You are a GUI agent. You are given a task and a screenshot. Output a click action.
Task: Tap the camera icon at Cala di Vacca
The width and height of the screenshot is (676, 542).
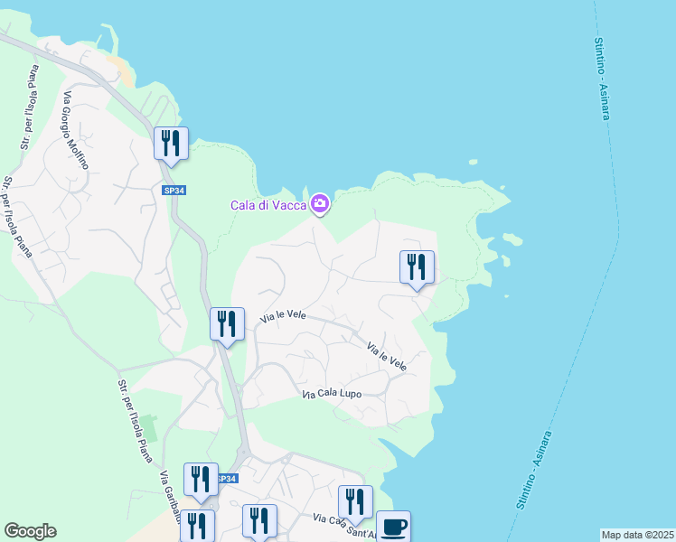pyautogui.click(x=319, y=205)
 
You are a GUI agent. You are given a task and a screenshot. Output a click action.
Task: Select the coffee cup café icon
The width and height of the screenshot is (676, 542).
pyautogui.click(x=392, y=526)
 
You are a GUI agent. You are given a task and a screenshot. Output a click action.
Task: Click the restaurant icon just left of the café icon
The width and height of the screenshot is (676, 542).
pyautogui.click(x=355, y=502)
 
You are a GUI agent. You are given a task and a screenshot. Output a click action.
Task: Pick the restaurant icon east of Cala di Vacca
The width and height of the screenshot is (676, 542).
pyautogui.click(x=417, y=267)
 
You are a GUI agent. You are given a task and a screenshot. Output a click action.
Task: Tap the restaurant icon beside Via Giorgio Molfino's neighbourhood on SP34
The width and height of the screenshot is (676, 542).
pyautogui.click(x=170, y=144)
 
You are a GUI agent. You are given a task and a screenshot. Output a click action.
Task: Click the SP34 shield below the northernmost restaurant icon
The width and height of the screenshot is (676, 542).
pyautogui.click(x=174, y=191)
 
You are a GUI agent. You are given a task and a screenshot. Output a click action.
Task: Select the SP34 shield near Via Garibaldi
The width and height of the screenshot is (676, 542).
pyautogui.click(x=228, y=479)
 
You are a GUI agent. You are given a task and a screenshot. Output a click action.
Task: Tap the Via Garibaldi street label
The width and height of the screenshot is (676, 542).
pyautogui.click(x=170, y=497)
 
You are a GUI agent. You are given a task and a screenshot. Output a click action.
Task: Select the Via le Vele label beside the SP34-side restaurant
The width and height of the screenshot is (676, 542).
pyautogui.click(x=284, y=316)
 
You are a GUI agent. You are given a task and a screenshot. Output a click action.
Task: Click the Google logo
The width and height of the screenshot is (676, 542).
pyautogui.click(x=30, y=531)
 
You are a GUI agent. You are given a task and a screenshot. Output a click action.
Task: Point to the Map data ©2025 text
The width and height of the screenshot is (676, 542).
pyautogui.click(x=637, y=535)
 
